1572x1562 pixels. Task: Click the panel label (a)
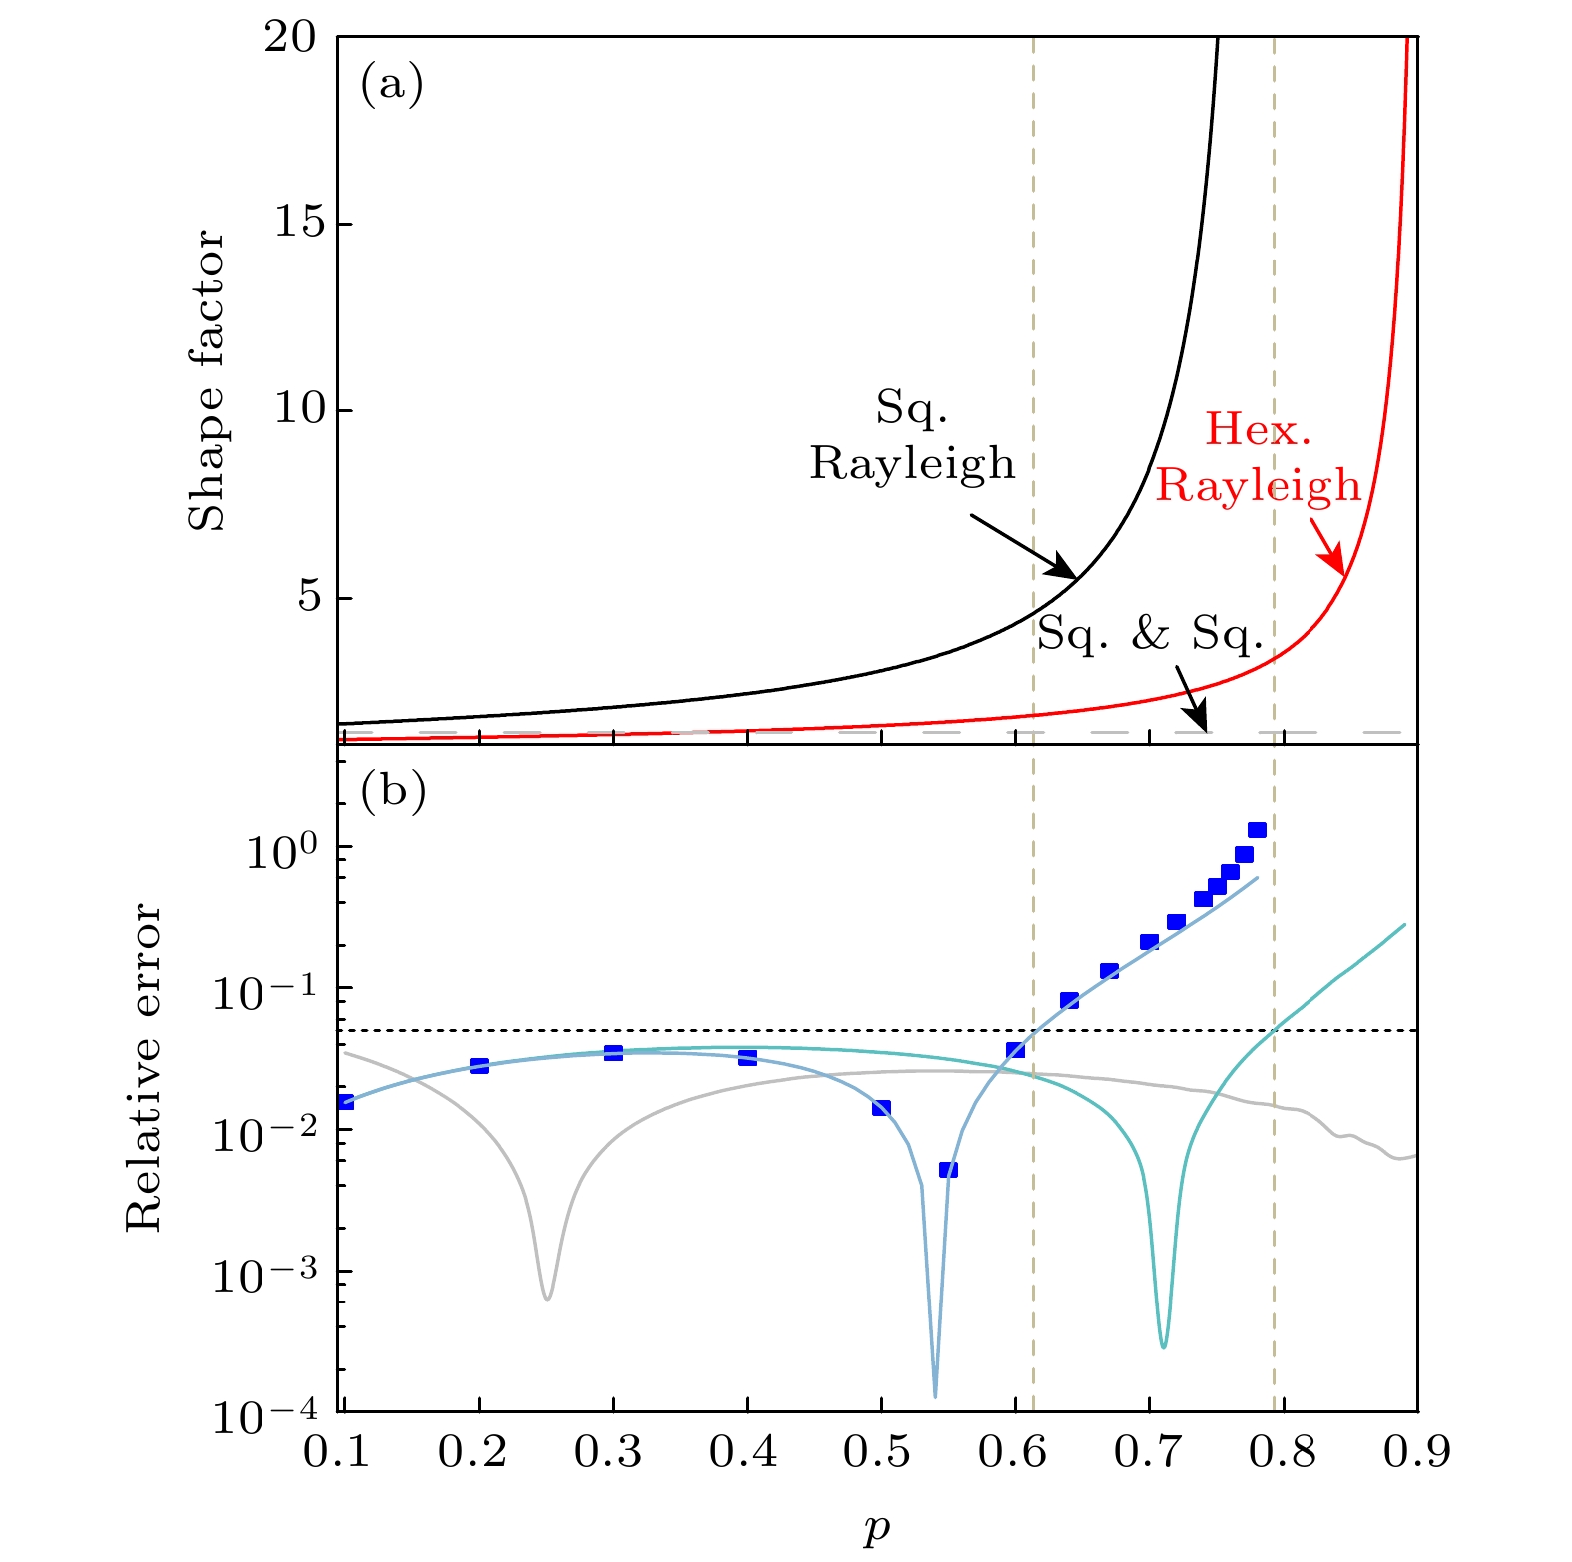click(x=392, y=85)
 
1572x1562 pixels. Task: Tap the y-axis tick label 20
click(x=289, y=37)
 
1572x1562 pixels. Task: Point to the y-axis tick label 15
click(x=299, y=224)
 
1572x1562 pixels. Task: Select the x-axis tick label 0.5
click(x=879, y=1453)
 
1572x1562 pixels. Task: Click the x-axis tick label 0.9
click(x=1416, y=1453)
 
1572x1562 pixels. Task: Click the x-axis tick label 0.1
click(x=337, y=1453)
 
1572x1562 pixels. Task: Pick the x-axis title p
click(x=877, y=1527)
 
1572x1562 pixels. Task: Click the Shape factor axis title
click(x=207, y=380)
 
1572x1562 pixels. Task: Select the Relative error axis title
click(x=144, y=1068)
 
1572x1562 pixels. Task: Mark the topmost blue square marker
click(x=1257, y=830)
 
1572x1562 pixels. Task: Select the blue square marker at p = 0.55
click(x=948, y=1170)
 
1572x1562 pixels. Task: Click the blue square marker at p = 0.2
click(x=479, y=1066)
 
